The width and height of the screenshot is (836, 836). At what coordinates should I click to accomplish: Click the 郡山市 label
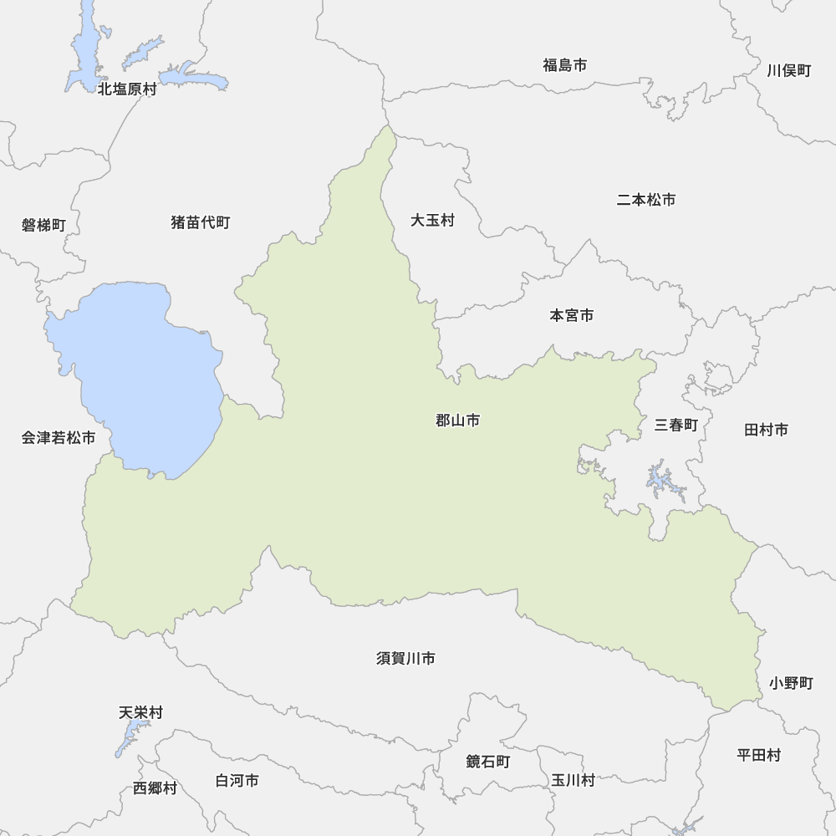pyautogui.click(x=457, y=421)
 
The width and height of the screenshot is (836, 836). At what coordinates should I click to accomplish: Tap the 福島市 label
pyautogui.click(x=564, y=65)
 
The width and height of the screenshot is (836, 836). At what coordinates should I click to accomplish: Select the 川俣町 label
pyautogui.click(x=788, y=70)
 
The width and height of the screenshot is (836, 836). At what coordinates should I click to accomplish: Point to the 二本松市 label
pyautogui.click(x=646, y=200)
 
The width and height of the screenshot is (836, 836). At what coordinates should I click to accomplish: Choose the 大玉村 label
pyautogui.click(x=432, y=221)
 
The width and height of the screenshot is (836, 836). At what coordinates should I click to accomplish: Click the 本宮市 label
pyautogui.click(x=572, y=315)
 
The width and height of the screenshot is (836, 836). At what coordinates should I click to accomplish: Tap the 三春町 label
pyautogui.click(x=675, y=425)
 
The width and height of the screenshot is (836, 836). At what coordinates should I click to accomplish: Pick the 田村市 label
pyautogui.click(x=766, y=430)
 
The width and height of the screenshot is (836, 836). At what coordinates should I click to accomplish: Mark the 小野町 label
pyautogui.click(x=791, y=683)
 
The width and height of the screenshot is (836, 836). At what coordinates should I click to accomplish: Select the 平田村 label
pyautogui.click(x=758, y=755)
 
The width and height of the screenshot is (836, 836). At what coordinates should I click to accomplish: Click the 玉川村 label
pyautogui.click(x=573, y=780)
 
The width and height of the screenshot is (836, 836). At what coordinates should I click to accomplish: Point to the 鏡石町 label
pyautogui.click(x=487, y=762)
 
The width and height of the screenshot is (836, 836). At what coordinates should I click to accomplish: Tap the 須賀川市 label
pyautogui.click(x=405, y=659)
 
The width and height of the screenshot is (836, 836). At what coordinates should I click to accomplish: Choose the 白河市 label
pyautogui.click(x=237, y=780)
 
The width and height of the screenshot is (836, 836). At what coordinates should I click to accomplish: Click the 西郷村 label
pyautogui.click(x=155, y=788)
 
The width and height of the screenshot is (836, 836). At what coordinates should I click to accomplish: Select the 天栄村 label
pyautogui.click(x=140, y=713)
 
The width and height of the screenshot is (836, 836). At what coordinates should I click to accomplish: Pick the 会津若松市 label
pyautogui.click(x=59, y=437)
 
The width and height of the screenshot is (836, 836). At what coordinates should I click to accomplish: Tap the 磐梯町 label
pyautogui.click(x=43, y=225)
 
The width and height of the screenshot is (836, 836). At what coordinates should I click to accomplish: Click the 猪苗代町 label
pyautogui.click(x=200, y=222)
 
